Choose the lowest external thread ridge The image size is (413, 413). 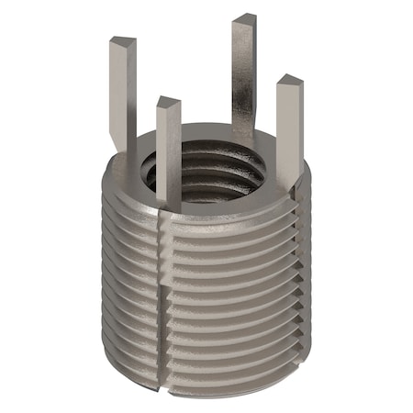pyautogui.click(x=220, y=372)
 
